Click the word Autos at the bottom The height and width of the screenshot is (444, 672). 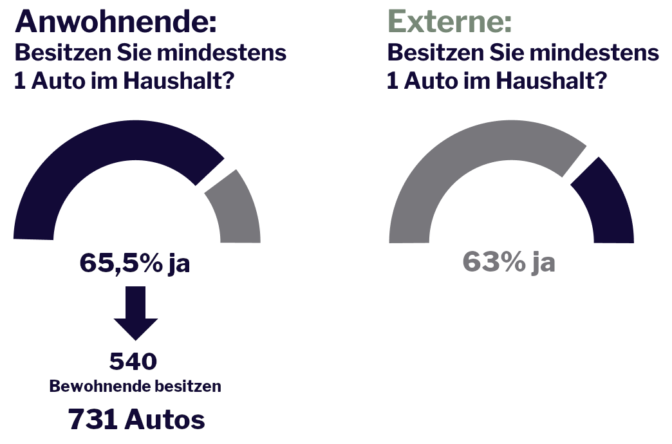[x=165, y=420]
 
